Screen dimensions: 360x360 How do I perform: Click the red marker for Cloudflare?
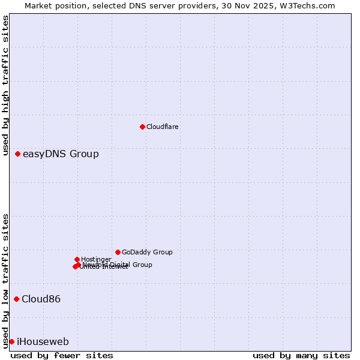142,127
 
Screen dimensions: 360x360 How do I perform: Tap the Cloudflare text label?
163,127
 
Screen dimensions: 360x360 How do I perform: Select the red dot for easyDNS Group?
18,154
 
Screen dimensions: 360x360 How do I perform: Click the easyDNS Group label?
61,154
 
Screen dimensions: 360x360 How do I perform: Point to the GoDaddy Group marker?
118,252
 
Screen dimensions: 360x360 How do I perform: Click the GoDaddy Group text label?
147,253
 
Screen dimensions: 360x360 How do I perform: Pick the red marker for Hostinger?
77,259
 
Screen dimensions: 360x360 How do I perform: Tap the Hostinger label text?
96,259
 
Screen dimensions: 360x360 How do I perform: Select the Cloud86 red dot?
17,299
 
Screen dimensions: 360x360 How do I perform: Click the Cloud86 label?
41,299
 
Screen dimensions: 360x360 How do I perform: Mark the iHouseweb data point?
11,341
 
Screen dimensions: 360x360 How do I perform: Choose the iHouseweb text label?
43,342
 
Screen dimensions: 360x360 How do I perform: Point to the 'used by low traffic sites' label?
6,280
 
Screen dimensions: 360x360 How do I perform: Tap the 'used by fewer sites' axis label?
62,355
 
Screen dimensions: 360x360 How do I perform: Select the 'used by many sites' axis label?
301,355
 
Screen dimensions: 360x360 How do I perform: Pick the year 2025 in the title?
262,6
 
